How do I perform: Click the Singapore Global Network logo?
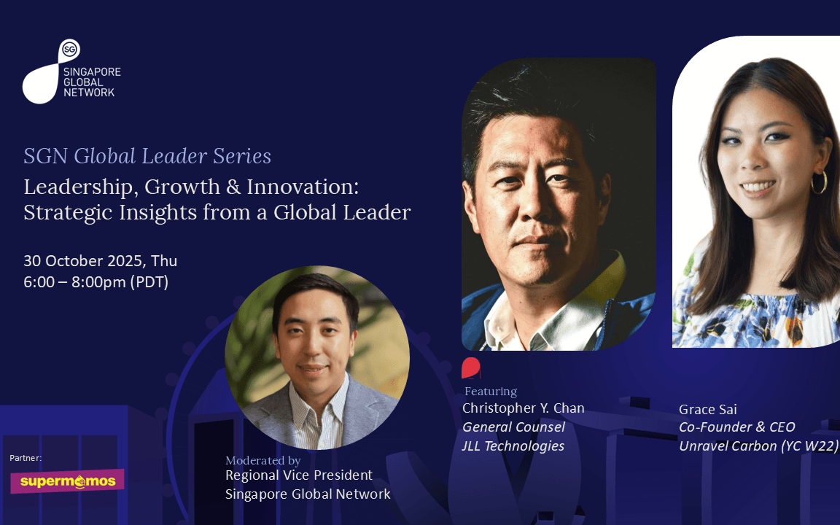coord(71,71)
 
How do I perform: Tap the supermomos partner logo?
coord(68,481)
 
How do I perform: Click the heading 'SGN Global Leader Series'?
coord(147,157)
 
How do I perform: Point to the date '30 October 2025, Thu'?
coord(100,261)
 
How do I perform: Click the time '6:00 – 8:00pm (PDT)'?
coord(96,281)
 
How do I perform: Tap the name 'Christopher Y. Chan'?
coord(524,408)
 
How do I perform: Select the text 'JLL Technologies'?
coord(513,446)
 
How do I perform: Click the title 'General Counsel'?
coord(513,427)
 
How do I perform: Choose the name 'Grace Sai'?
coord(708,410)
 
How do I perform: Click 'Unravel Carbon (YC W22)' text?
coord(758,446)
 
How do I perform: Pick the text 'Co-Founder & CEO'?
coord(736,427)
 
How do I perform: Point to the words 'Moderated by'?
coord(263,460)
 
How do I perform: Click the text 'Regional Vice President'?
coord(299,475)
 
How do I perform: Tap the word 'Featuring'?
coord(491,392)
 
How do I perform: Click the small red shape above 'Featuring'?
coord(471,367)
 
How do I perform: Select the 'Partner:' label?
coord(26,458)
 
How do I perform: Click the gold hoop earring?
coord(819,183)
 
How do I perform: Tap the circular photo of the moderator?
coord(317,357)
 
